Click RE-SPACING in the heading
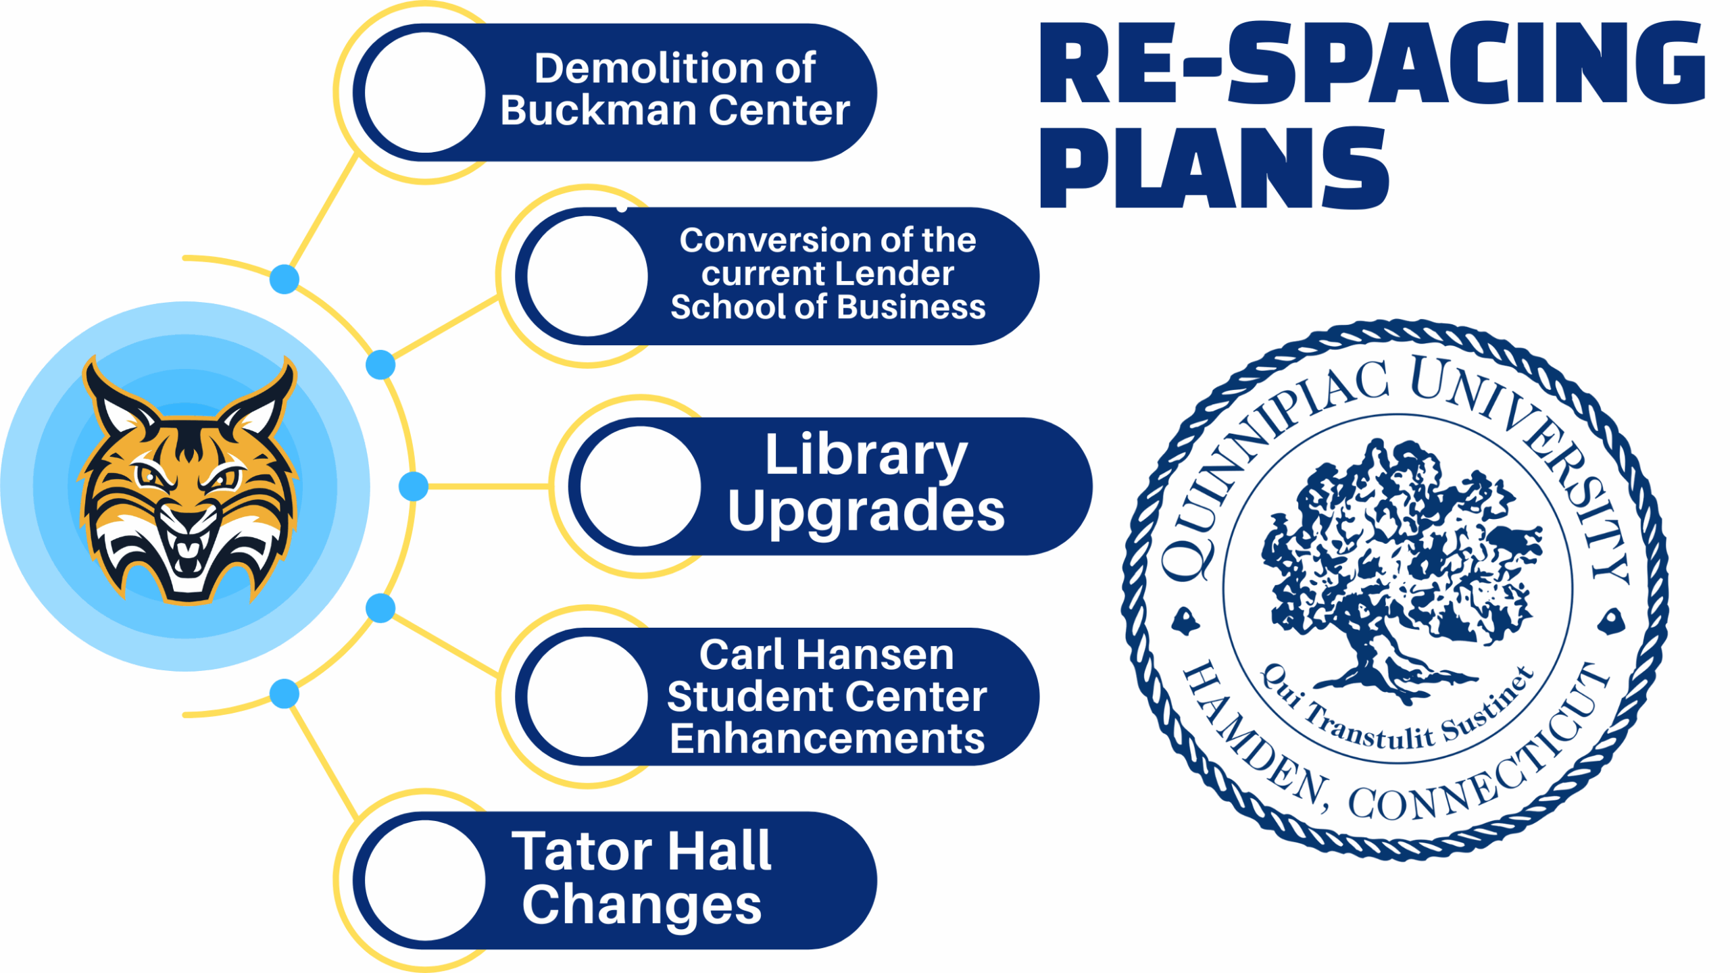coord(1372,64)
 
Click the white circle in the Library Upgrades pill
coord(640,487)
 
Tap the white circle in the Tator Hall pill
coord(424,880)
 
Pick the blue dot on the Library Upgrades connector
coord(413,487)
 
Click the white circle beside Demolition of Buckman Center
coord(424,93)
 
